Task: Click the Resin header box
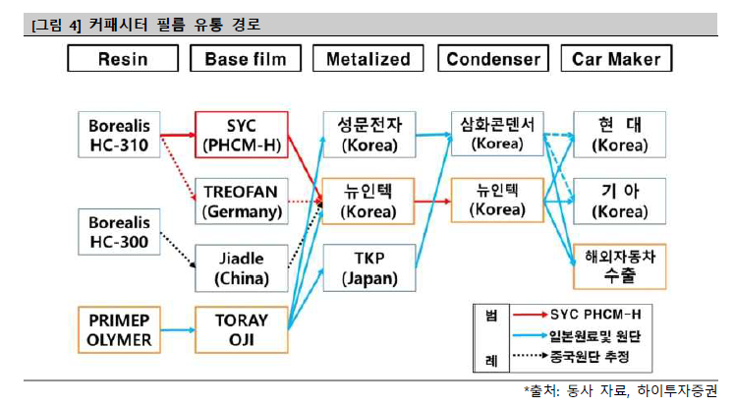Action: (123, 59)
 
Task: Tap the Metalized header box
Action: (368, 59)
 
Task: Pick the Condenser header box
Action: (493, 59)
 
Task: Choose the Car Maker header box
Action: (617, 59)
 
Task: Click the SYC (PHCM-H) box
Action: (242, 136)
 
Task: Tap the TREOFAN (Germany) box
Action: (242, 201)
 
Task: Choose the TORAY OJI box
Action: (242, 330)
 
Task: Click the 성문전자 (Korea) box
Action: (368, 136)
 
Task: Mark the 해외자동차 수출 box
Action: (619, 265)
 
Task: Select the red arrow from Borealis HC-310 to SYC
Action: (177, 135)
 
